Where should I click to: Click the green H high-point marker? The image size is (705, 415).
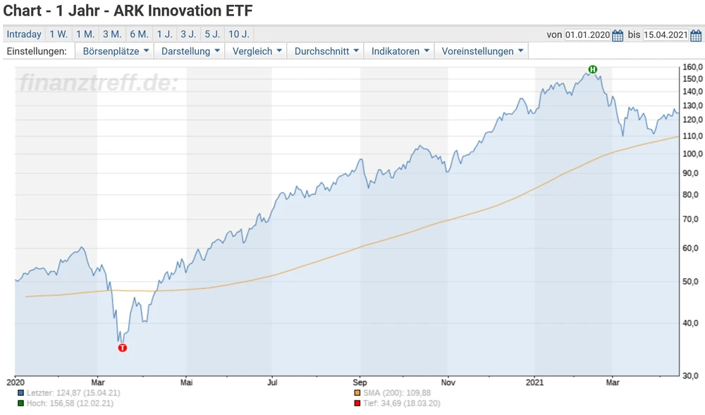click(x=593, y=69)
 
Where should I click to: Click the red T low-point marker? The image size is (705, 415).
click(x=123, y=347)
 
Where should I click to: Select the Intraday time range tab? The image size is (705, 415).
click(x=24, y=34)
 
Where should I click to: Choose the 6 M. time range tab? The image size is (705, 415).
click(x=139, y=34)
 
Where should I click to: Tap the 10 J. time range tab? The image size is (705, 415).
click(x=239, y=34)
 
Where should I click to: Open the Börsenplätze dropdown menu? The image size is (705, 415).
click(x=116, y=51)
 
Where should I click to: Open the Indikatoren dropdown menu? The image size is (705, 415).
click(x=400, y=51)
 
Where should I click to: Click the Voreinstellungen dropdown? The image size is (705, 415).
click(x=483, y=51)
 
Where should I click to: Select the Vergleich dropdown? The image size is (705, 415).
click(x=257, y=51)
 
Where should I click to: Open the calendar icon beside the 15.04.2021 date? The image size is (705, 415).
click(x=697, y=35)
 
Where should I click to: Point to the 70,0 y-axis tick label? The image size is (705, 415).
click(x=692, y=219)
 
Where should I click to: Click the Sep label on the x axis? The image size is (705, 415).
click(x=361, y=383)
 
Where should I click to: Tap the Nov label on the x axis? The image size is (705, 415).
click(x=447, y=383)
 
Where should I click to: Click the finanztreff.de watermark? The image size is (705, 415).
click(x=99, y=83)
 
